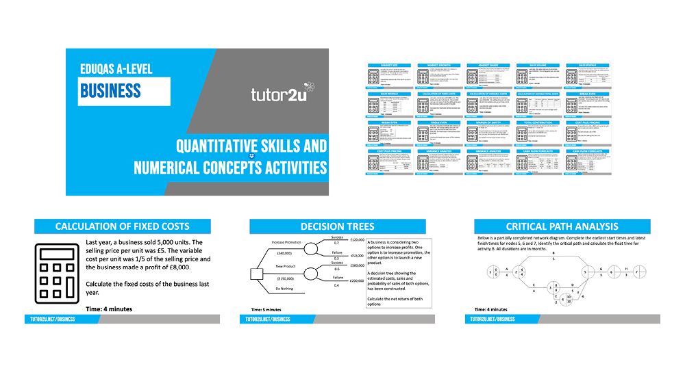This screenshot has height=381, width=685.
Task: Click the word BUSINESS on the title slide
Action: pos(110,90)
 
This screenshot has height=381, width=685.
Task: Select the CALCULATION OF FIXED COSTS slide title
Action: pos(123,226)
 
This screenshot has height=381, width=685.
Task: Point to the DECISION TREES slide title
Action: pos(338,226)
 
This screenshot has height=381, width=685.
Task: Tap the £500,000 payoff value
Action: pos(357,265)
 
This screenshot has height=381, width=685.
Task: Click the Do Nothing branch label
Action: pos(286,289)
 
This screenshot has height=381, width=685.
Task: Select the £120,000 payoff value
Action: pos(357,239)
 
